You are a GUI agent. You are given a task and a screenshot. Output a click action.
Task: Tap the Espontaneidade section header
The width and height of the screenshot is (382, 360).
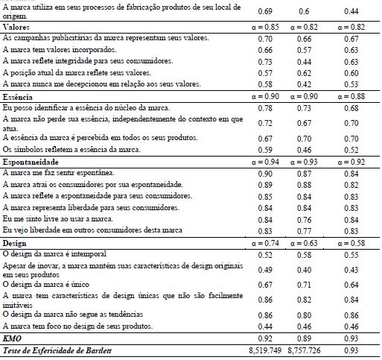point(29,161)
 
